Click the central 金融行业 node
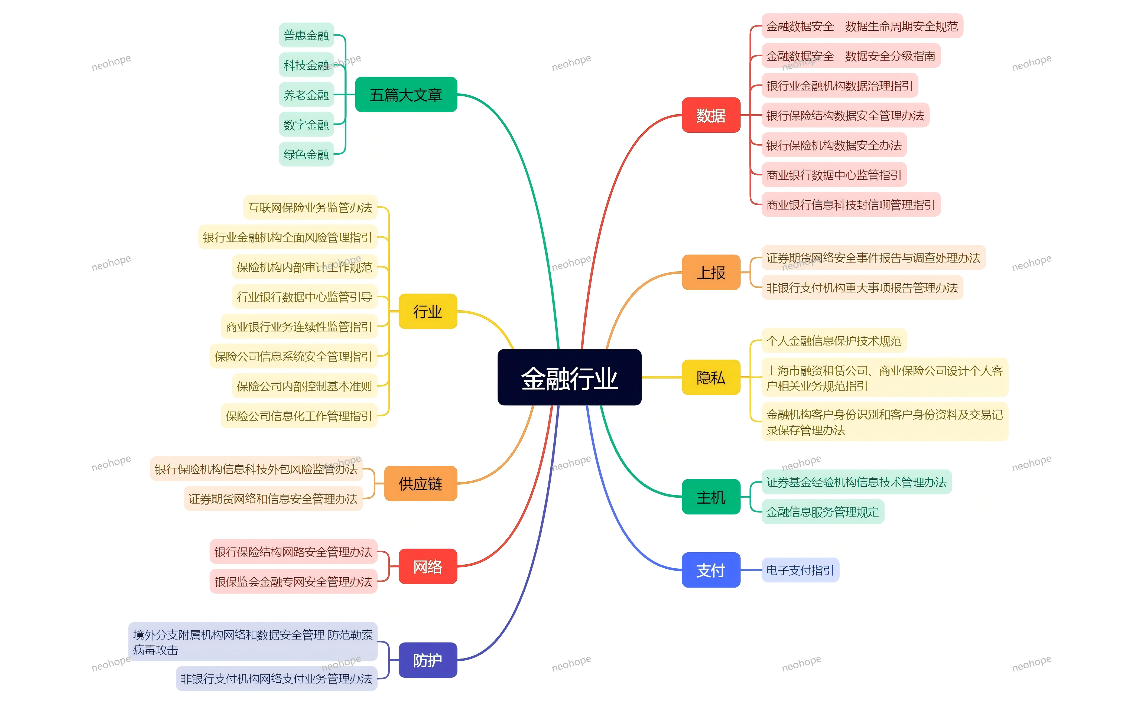click(x=569, y=377)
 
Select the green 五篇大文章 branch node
click(x=405, y=94)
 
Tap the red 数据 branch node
click(x=710, y=115)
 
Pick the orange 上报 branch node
click(x=710, y=272)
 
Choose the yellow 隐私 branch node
click(x=710, y=377)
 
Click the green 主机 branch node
click(x=710, y=497)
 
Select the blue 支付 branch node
click(x=710, y=570)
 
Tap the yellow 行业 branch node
click(x=427, y=311)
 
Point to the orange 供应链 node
click(x=420, y=483)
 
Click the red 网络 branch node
click(x=427, y=566)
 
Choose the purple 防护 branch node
click(x=427, y=660)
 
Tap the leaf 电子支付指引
click(x=800, y=570)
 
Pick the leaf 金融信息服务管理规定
click(x=822, y=512)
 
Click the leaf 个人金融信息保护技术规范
click(x=833, y=341)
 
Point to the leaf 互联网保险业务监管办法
click(x=310, y=207)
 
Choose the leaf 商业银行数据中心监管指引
click(x=833, y=175)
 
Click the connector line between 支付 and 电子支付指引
click(x=751, y=570)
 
